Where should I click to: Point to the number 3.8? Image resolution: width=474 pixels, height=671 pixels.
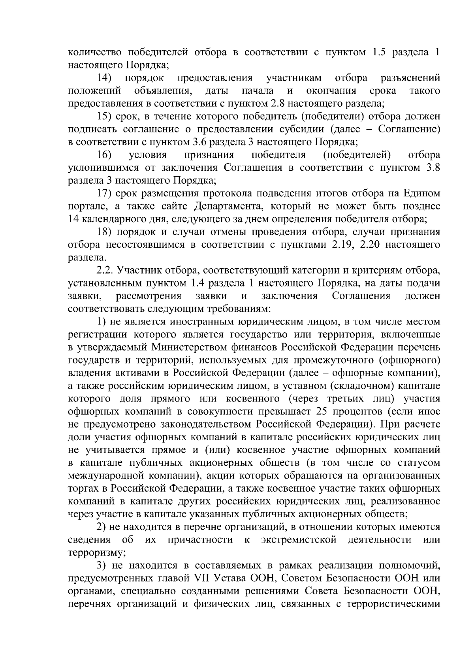[432, 168]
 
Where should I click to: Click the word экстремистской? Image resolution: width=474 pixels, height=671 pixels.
[299, 540]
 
